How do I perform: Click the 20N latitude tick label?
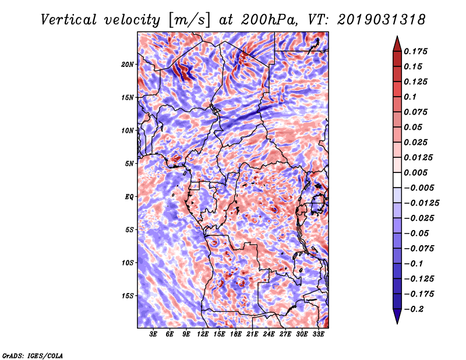[127, 64]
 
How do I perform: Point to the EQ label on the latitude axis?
[129, 197]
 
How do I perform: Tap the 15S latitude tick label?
[128, 296]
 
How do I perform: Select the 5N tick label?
[129, 164]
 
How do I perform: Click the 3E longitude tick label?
[153, 334]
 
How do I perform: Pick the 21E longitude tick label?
[252, 334]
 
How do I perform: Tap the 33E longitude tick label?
[318, 334]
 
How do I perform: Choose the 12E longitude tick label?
[202, 334]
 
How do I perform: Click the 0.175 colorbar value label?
[415, 51]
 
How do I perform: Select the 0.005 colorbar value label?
[415, 172]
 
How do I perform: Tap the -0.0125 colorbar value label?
[421, 203]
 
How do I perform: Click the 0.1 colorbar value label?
[410, 97]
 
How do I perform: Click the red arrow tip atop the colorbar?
[397, 36]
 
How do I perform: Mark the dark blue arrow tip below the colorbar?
[397, 324]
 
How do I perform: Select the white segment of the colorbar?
[397, 180]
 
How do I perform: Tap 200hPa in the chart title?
[269, 20]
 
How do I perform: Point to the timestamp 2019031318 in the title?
[382, 20]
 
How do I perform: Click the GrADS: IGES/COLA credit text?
[33, 355]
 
